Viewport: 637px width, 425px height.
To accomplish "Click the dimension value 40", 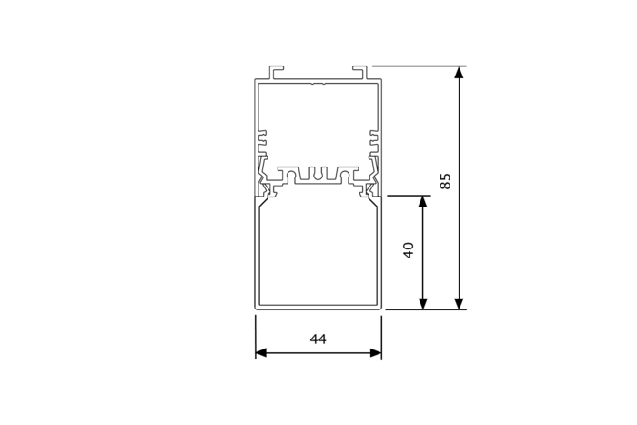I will (x=409, y=249).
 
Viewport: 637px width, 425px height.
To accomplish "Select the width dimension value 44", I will (x=318, y=339).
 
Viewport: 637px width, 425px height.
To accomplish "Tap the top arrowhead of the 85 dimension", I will (x=460, y=72).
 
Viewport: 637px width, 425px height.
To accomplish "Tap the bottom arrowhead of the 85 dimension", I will (x=460, y=303).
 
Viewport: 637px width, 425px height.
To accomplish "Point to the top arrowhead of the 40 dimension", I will (x=423, y=201).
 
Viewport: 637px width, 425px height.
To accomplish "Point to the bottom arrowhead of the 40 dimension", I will (x=423, y=303).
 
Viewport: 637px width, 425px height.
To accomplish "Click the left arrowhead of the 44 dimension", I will (x=261, y=353).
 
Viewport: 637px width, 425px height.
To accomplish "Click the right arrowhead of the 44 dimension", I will (x=375, y=353).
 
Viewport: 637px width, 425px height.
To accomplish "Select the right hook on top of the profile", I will (x=359, y=70).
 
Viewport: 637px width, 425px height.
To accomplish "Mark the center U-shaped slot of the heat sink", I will (x=318, y=173).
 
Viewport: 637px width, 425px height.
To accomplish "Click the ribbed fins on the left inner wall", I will (x=261, y=141).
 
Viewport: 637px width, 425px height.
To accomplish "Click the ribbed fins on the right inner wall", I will (x=374, y=141).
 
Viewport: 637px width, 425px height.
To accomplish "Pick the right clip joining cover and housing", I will (x=371, y=187).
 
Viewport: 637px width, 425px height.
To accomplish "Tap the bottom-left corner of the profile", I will (x=256, y=308).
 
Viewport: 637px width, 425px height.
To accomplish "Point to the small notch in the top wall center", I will (x=318, y=85).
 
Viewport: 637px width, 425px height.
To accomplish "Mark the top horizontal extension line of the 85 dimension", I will (x=419, y=66).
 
